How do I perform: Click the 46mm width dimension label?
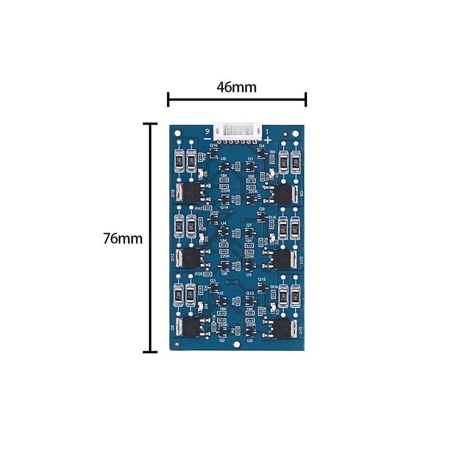coord(236,87)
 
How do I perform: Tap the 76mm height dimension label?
coord(123,239)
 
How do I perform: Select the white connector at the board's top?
coord(237,131)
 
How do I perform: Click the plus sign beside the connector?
coord(267,140)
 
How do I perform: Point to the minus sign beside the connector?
coord(206,140)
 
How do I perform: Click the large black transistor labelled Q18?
coord(188,193)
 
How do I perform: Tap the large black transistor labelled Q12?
coord(188,257)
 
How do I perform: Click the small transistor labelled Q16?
coord(212,153)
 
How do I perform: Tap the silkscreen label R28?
coord(199,273)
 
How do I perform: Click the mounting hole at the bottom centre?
coord(237,344)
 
